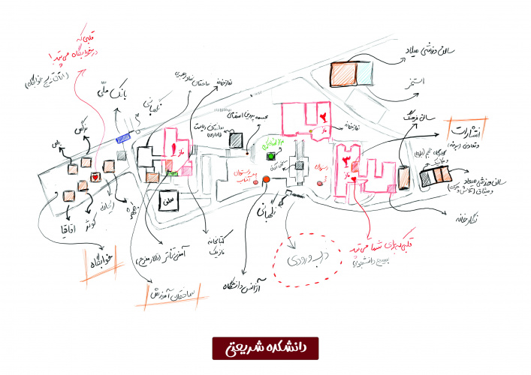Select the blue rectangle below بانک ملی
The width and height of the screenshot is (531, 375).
point(124,136)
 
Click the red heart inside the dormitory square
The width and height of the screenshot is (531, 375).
point(95,177)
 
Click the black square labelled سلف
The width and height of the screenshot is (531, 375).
point(168,202)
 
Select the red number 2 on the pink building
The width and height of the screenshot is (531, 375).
point(324,116)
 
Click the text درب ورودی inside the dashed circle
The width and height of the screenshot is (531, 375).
point(300,259)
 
